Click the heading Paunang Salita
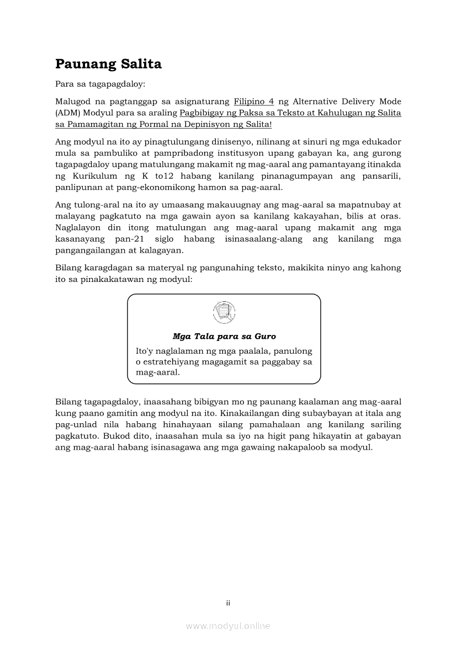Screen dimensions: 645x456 pyautogui.click(x=108, y=64)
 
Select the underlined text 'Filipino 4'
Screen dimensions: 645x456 pyautogui.click(x=254, y=102)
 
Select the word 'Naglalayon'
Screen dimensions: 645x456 pyautogui.click(x=78, y=227)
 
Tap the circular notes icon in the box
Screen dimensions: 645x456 pyautogui.click(x=224, y=313)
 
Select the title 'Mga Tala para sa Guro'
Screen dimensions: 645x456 pyautogui.click(x=224, y=336)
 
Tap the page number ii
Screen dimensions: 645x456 pyautogui.click(x=228, y=603)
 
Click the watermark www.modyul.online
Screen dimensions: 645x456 pyautogui.click(x=228, y=626)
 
